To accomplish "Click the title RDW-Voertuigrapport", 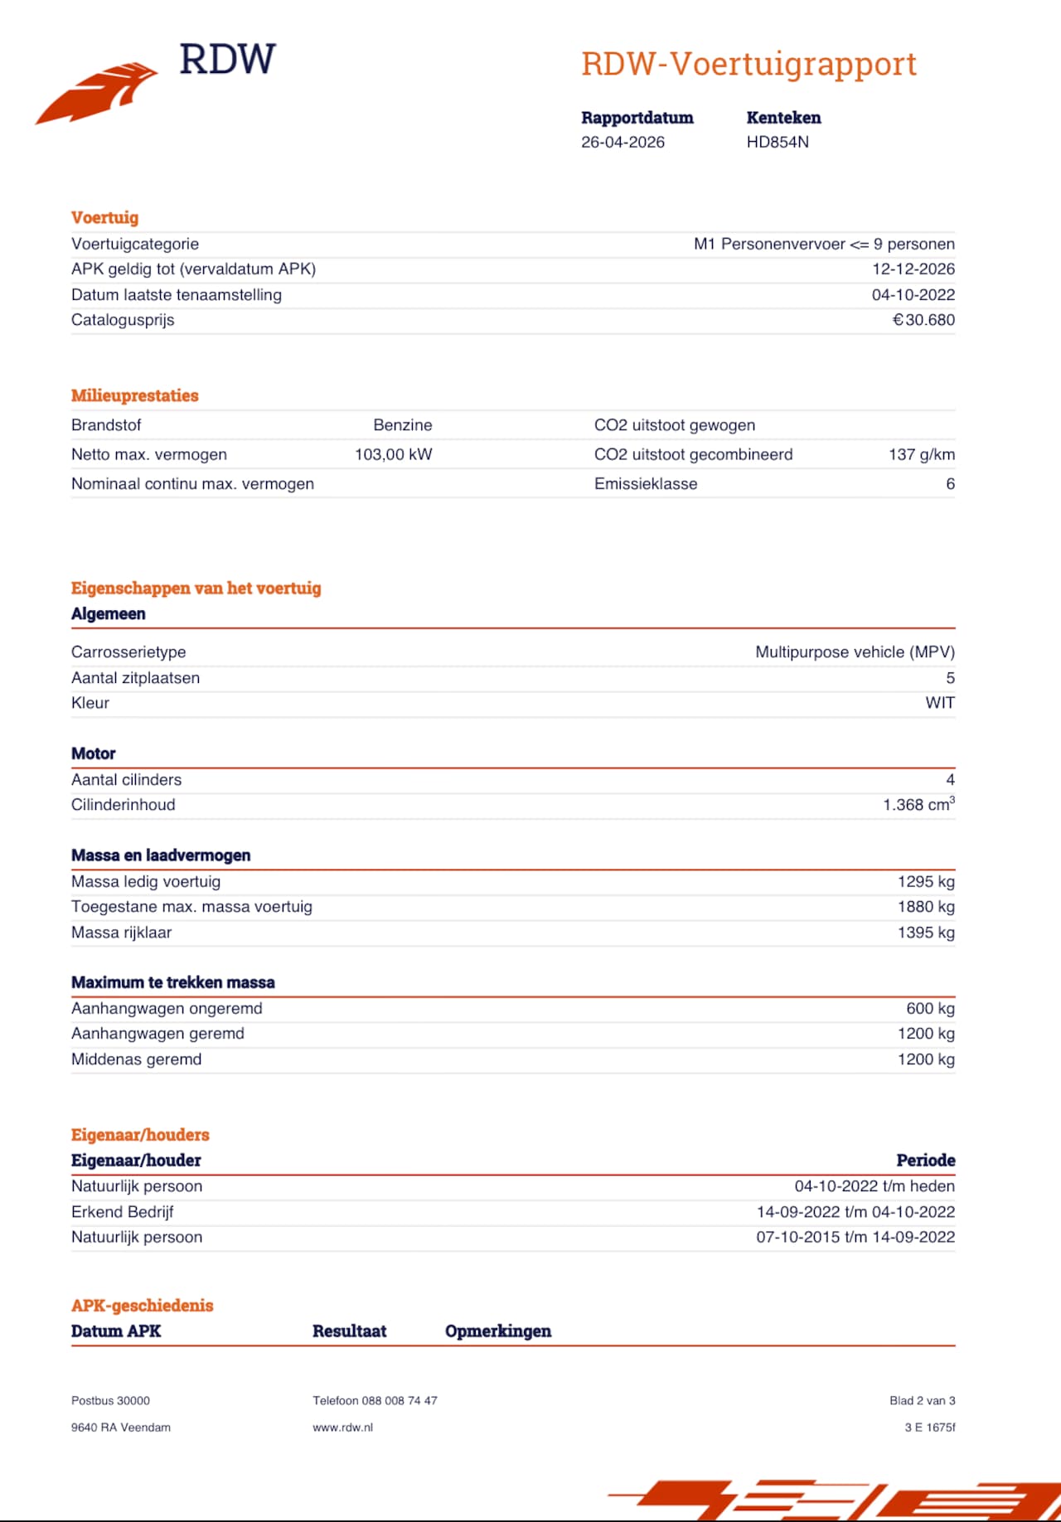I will point(749,64).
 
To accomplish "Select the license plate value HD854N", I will point(778,142).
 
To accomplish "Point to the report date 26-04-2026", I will point(623,142).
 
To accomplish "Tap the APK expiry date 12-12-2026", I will point(913,269).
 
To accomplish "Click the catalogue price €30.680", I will point(923,320).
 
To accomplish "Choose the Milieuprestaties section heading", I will point(135,395).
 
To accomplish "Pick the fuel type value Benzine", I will point(402,425).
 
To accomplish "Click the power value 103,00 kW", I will point(393,454).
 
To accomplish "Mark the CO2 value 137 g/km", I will point(921,454).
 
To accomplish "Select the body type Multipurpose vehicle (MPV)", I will point(855,652).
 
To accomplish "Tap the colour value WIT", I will point(940,703).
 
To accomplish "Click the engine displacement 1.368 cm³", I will point(918,805).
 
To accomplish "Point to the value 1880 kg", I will point(926,907).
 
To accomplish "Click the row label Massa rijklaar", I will point(122,933).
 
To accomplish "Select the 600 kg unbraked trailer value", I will point(930,1009).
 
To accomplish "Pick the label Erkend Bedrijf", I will point(123,1212).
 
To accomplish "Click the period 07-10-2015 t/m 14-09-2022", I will point(855,1237).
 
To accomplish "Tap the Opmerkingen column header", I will point(498,1331).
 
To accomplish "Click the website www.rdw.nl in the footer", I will point(342,1427).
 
